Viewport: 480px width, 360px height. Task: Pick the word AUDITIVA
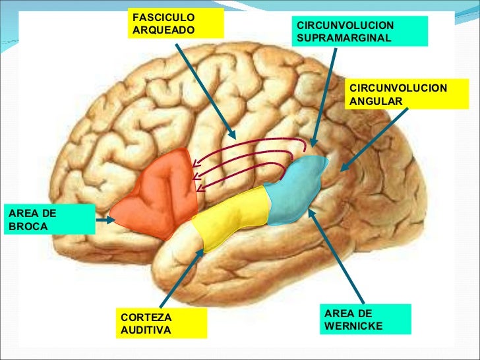click(146, 329)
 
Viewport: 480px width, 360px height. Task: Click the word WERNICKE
click(353, 325)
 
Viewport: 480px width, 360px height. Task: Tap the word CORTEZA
click(142, 317)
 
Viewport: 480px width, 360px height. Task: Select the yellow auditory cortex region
click(231, 218)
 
